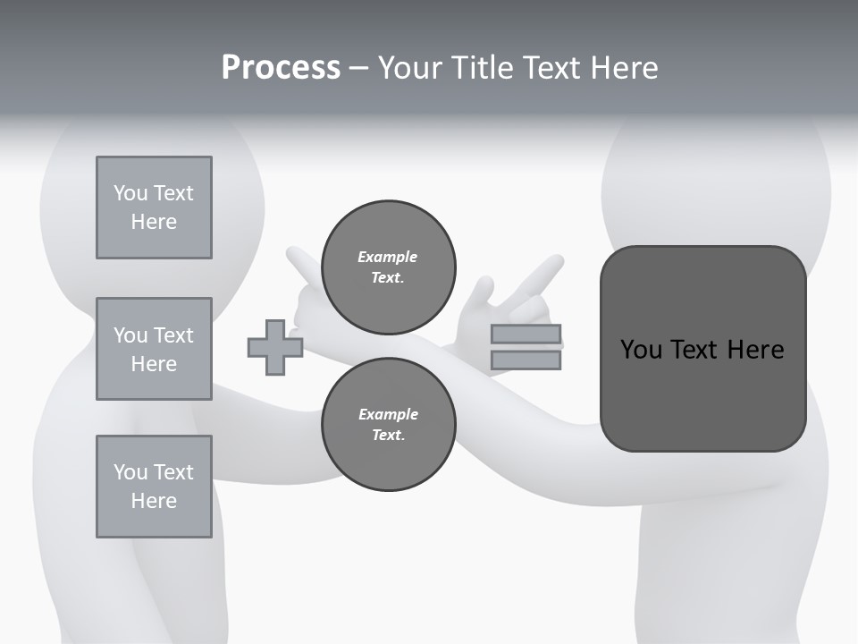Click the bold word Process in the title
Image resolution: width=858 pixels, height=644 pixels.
click(x=281, y=68)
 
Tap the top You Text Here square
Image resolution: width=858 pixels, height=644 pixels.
click(x=154, y=208)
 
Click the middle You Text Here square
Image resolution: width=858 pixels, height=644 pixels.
click(x=154, y=349)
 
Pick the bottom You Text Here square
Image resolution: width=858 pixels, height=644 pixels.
click(x=154, y=486)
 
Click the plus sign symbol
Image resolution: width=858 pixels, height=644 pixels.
click(x=275, y=347)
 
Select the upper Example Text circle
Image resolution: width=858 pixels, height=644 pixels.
click(x=388, y=267)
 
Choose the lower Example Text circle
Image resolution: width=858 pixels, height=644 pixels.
click(x=388, y=424)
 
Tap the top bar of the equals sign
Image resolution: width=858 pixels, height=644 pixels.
click(x=526, y=335)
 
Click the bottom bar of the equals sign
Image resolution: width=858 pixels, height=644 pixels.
click(x=526, y=360)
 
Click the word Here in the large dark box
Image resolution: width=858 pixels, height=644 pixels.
click(x=755, y=350)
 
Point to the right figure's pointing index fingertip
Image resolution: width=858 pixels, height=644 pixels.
click(x=556, y=261)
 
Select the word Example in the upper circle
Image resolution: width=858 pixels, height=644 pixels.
click(x=388, y=257)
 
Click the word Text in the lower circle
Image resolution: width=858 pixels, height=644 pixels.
click(x=388, y=435)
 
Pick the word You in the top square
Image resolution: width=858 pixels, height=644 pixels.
click(x=130, y=193)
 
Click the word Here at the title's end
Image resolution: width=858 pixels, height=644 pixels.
click(x=625, y=68)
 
